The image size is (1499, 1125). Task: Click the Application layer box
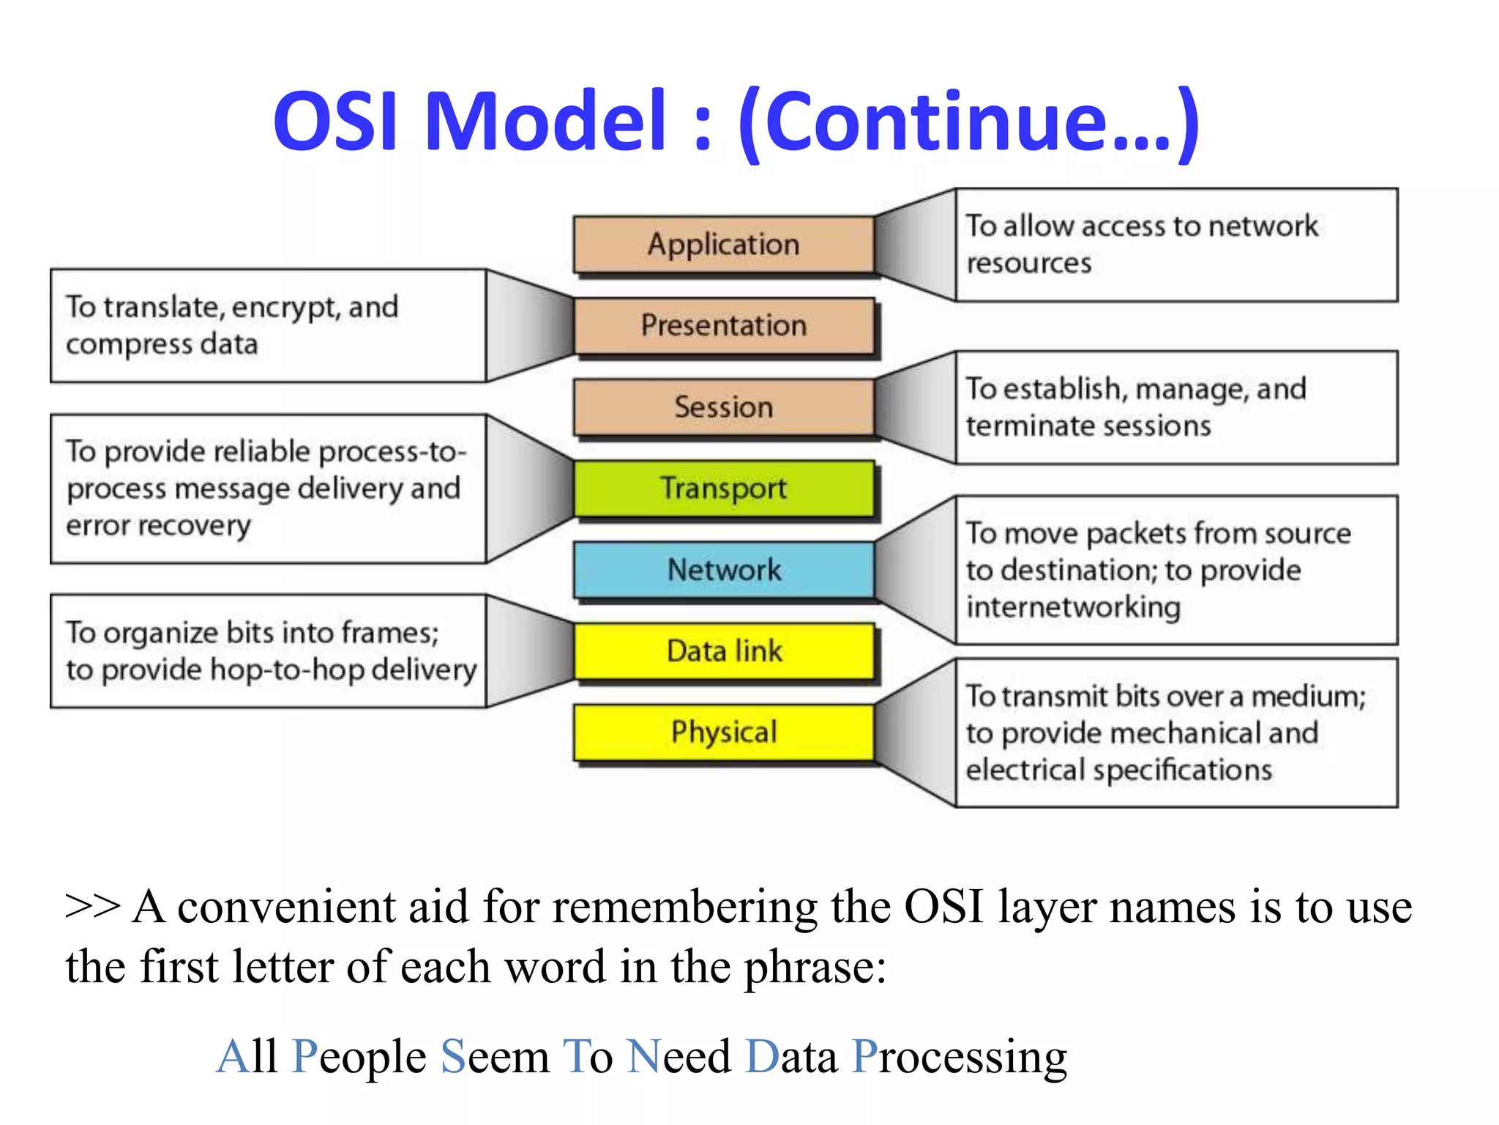(x=723, y=244)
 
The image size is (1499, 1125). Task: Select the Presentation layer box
(x=723, y=325)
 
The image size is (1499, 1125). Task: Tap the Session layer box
(x=723, y=406)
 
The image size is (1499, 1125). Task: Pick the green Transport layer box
(x=723, y=488)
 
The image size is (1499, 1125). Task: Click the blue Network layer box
(x=723, y=569)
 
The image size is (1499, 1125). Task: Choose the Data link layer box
(x=723, y=650)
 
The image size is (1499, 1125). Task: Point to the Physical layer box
(x=723, y=732)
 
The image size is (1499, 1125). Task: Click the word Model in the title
(x=545, y=121)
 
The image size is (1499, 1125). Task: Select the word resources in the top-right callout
(x=1028, y=263)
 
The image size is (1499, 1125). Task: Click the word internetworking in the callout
(x=1073, y=607)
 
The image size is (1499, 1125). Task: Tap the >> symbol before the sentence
(x=92, y=907)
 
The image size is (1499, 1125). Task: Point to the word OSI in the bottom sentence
(x=943, y=907)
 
